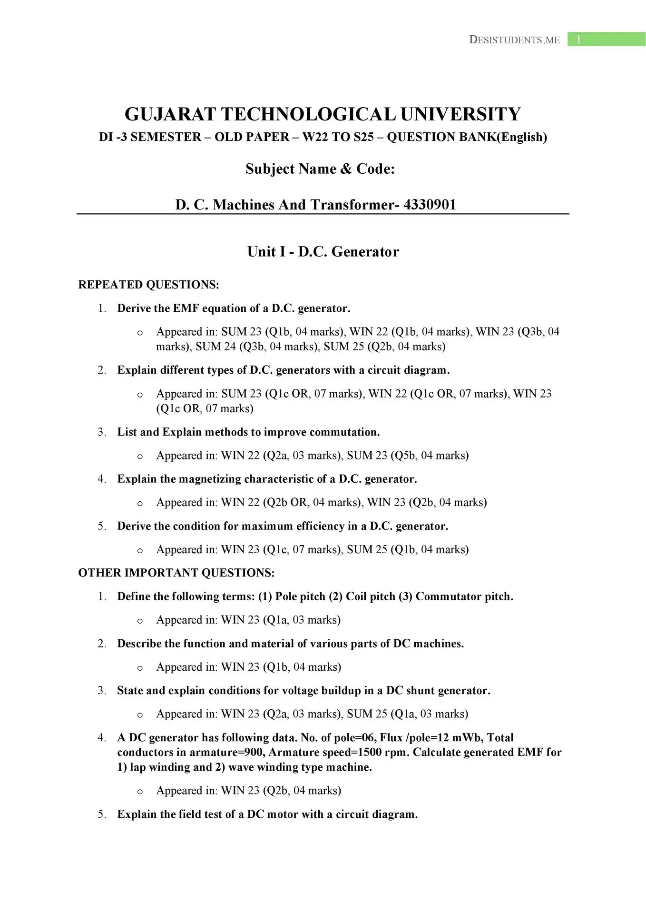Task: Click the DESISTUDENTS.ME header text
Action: [514, 40]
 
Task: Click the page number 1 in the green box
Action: [578, 40]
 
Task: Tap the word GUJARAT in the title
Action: [170, 114]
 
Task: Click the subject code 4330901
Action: [430, 205]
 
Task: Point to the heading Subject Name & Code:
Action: [320, 169]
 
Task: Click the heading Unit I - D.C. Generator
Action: [323, 252]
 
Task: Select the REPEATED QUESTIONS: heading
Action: [148, 285]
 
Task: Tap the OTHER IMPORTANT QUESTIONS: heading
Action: [176, 573]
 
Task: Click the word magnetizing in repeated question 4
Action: [208, 479]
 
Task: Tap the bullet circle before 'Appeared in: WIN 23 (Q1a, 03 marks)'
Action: [139, 621]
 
